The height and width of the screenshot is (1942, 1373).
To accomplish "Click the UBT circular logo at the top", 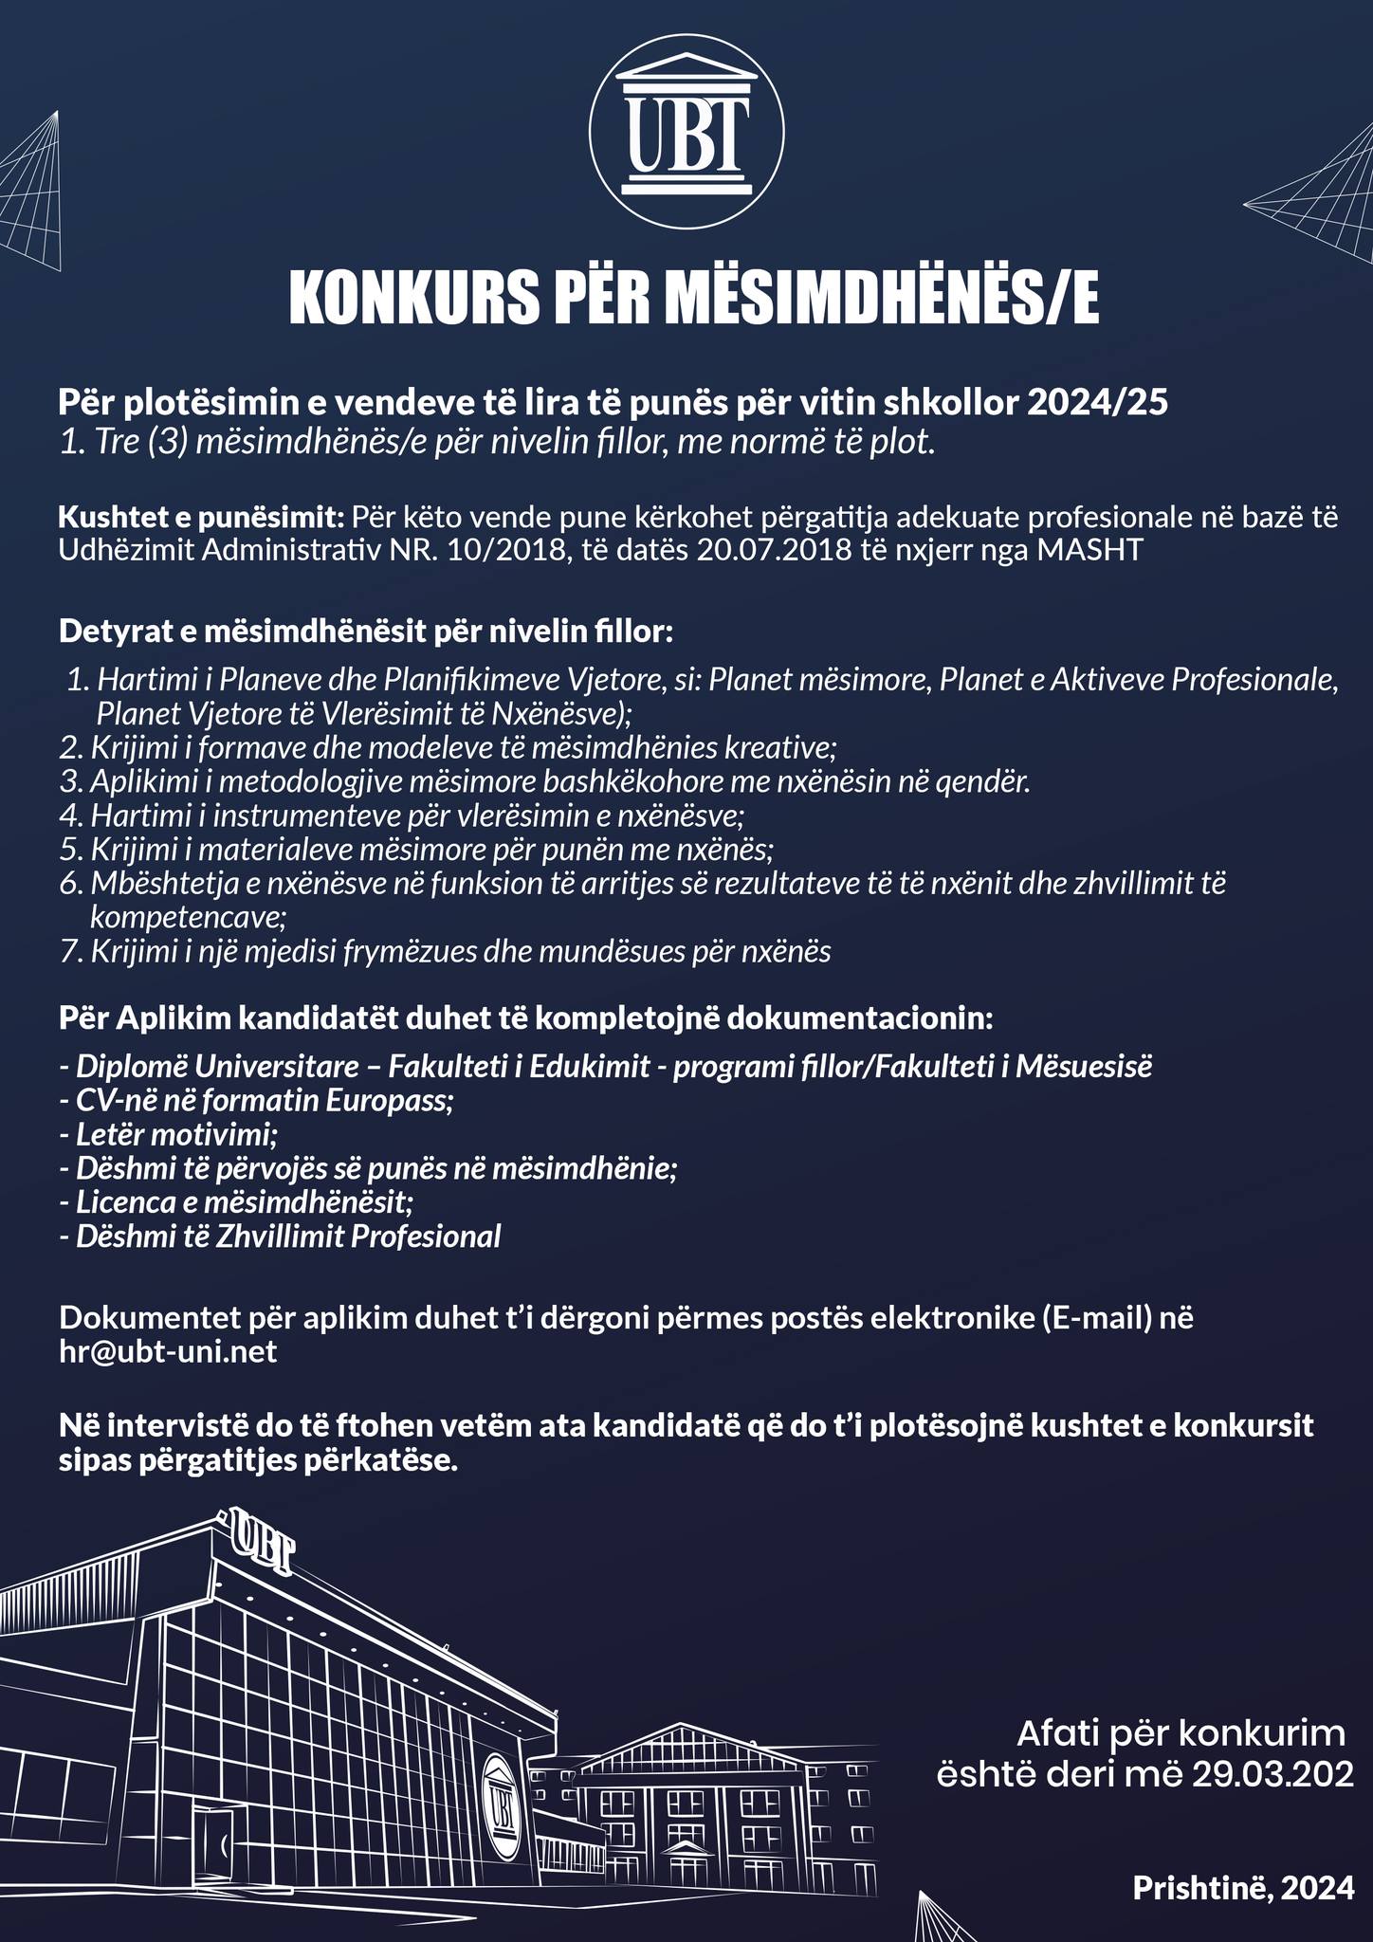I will click(x=686, y=134).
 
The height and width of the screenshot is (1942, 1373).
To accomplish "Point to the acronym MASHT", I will click(x=1091, y=552).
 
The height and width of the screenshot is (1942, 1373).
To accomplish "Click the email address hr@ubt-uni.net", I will click(x=168, y=1351).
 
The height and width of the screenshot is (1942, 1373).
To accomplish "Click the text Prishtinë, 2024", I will click(x=1243, y=1888).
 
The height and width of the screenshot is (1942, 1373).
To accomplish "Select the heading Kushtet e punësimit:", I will click(x=200, y=518).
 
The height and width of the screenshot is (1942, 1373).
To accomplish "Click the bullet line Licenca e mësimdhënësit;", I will click(x=236, y=1202).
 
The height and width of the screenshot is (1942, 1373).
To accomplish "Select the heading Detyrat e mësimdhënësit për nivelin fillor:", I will click(x=366, y=632).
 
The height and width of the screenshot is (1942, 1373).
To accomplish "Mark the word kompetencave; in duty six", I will click(x=188, y=917).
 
